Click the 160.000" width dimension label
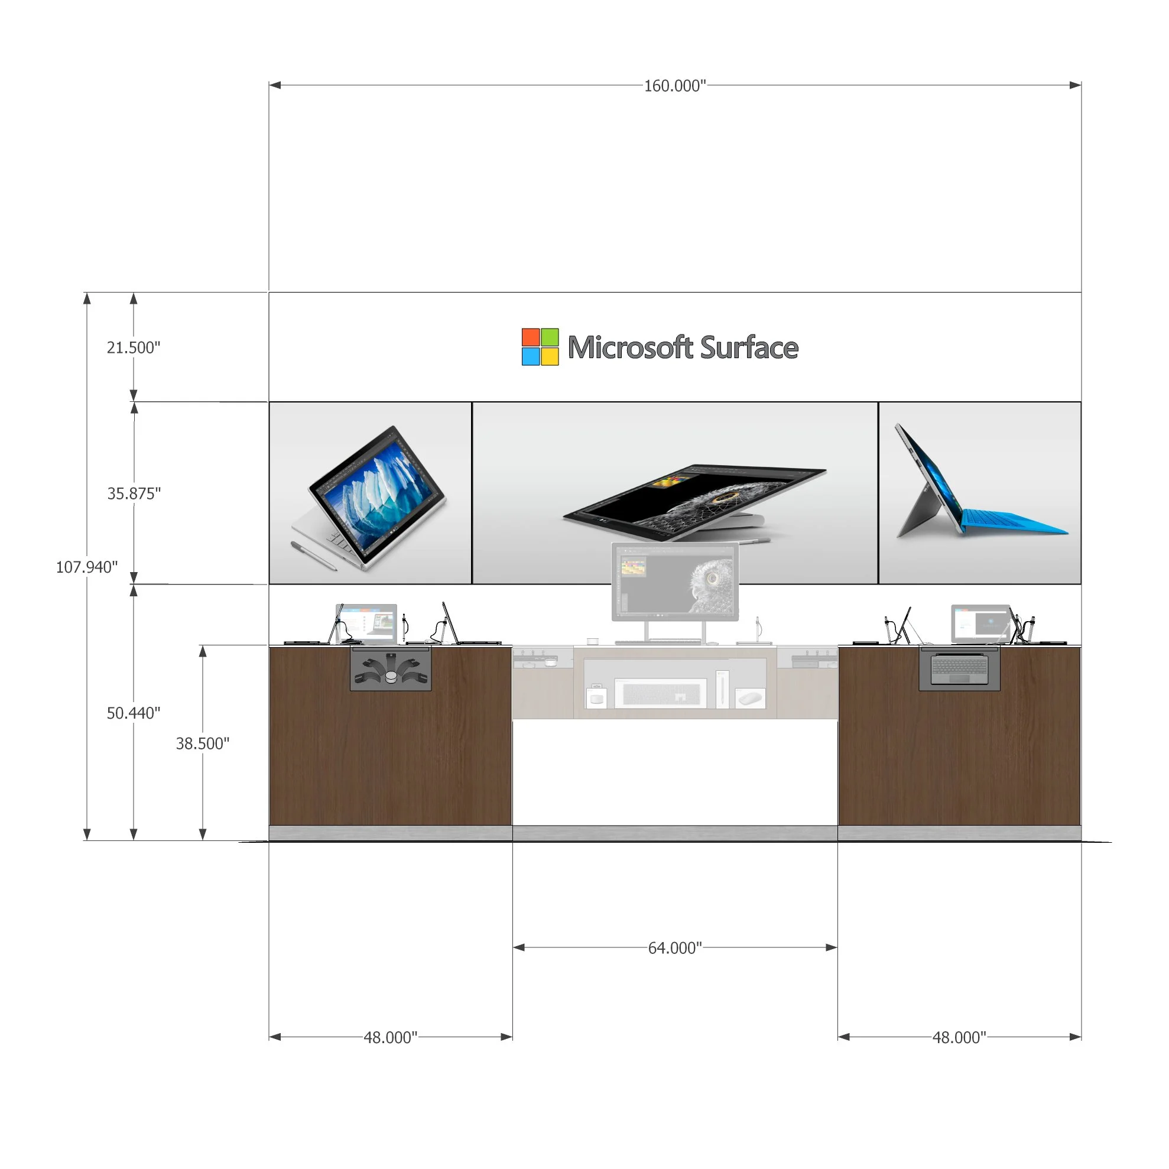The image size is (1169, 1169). pos(675,86)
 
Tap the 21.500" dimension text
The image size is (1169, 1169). pos(133,348)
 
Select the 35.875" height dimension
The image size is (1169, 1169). pos(134,493)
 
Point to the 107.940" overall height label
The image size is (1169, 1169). pos(86,567)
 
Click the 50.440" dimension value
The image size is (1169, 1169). pos(133,713)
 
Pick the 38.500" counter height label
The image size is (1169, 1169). pos(203,743)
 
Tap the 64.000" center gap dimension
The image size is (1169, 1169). pos(675,948)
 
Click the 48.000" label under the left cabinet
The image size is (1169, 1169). pos(390,1038)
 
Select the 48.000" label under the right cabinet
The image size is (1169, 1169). pos(959,1038)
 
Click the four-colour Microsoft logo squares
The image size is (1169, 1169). pos(540,347)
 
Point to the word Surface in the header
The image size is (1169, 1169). pos(749,348)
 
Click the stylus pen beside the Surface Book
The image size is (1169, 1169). pos(313,556)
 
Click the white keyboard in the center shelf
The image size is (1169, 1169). pos(660,693)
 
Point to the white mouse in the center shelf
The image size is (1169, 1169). pos(751,699)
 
